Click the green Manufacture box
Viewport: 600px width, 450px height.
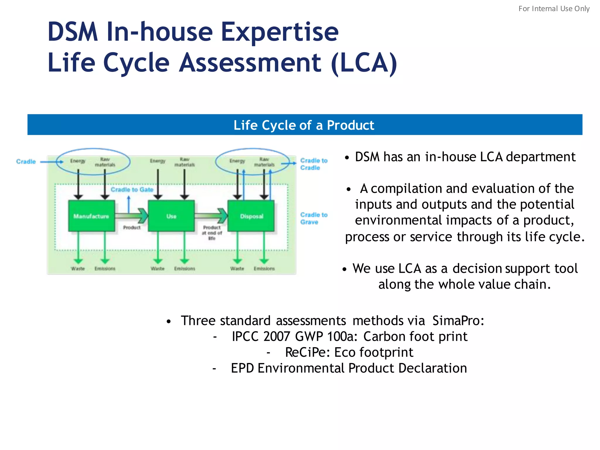pyautogui.click(x=91, y=216)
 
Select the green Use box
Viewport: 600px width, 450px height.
pyautogui.click(x=171, y=216)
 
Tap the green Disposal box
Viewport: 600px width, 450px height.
pyautogui.click(x=251, y=216)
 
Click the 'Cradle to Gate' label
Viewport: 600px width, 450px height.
pyautogui.click(x=132, y=190)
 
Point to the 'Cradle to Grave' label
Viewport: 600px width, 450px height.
pyautogui.click(x=313, y=218)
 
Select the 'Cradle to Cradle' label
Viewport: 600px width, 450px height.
pyautogui.click(x=313, y=164)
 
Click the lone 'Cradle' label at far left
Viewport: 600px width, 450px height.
pyautogui.click(x=26, y=161)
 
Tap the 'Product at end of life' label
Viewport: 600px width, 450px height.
pyautogui.click(x=212, y=233)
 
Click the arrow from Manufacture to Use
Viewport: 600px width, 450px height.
pyautogui.click(x=132, y=216)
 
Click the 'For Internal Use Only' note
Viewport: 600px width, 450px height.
pyautogui.click(x=554, y=8)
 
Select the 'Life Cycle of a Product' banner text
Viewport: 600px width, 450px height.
pyautogui.click(x=304, y=125)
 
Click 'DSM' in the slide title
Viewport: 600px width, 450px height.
pyautogui.click(x=73, y=32)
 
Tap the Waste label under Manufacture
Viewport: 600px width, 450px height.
pyautogui.click(x=78, y=268)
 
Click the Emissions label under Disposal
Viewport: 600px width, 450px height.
pyautogui.click(x=264, y=268)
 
